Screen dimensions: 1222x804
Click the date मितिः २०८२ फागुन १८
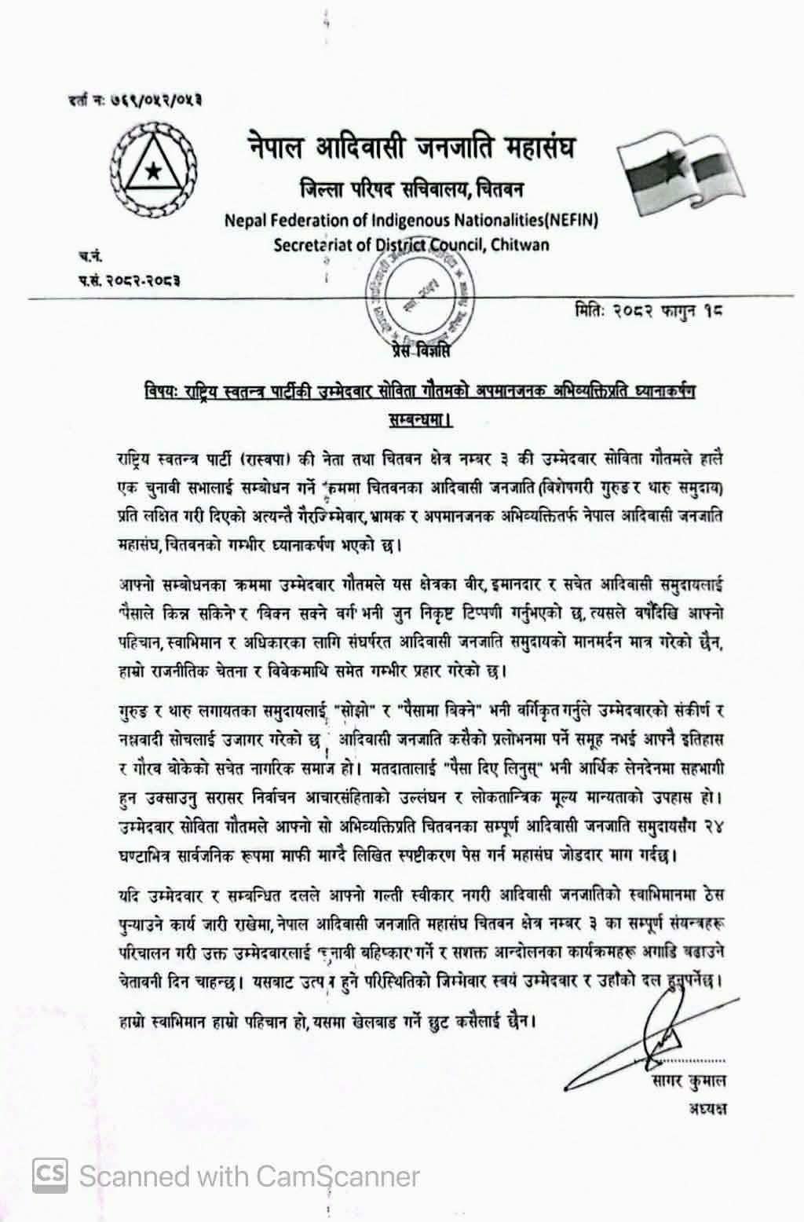click(648, 309)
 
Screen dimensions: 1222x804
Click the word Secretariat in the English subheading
click(312, 244)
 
